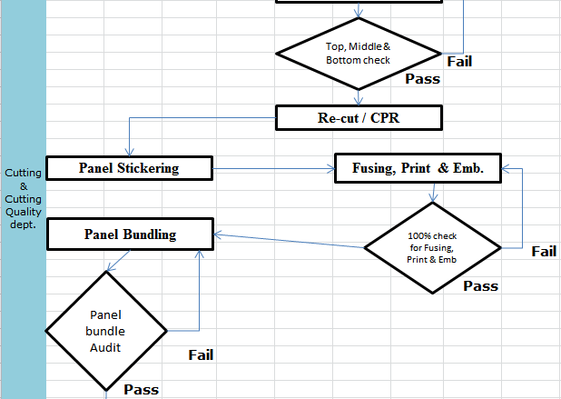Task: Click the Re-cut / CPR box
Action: [359, 117]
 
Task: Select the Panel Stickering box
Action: [129, 167]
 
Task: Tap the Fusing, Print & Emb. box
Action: [418, 168]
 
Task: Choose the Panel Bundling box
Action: [130, 234]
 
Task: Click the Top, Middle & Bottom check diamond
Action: [359, 54]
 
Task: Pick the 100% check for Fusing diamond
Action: [431, 247]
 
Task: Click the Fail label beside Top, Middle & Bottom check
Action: [459, 62]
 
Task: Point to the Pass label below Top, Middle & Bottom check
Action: [422, 79]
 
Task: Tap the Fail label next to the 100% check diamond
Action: [544, 251]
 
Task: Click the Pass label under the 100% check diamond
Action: [481, 285]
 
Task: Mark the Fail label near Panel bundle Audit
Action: [201, 354]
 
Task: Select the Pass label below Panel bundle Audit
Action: [142, 389]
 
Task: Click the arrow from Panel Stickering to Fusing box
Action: [272, 168]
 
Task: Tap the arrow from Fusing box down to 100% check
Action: [434, 193]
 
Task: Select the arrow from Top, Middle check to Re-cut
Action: [359, 96]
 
